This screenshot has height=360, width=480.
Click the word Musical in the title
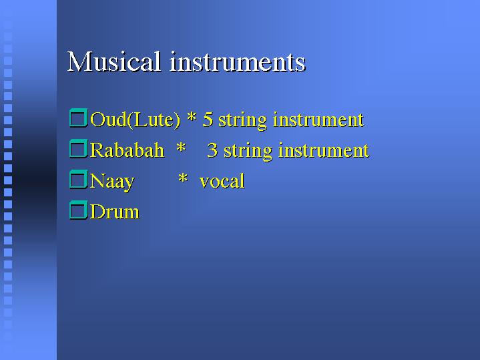pos(113,61)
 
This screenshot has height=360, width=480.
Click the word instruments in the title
pos(238,62)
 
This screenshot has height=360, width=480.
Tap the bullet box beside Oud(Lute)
pos(79,118)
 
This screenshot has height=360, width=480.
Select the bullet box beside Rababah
pos(79,148)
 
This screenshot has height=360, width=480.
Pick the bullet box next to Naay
pos(79,179)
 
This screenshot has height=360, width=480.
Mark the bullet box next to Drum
pos(79,210)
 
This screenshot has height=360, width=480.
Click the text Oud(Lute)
pos(135,120)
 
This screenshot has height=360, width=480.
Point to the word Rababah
pos(127,150)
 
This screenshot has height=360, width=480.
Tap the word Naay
pos(112,182)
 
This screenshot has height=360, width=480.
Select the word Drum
pos(115,212)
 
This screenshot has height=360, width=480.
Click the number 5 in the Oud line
pos(208,119)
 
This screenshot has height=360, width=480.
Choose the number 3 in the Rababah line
pos(212,150)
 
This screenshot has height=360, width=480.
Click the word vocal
pos(222,180)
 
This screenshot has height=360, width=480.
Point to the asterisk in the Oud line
pos(192,117)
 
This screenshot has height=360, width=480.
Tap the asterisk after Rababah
pos(181,148)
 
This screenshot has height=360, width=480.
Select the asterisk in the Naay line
pos(183,178)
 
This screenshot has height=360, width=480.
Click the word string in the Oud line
pos(243,121)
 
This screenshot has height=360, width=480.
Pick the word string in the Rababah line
pos(248,152)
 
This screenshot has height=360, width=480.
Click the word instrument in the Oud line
pos(318,119)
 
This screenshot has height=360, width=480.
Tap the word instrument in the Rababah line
pos(324,150)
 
